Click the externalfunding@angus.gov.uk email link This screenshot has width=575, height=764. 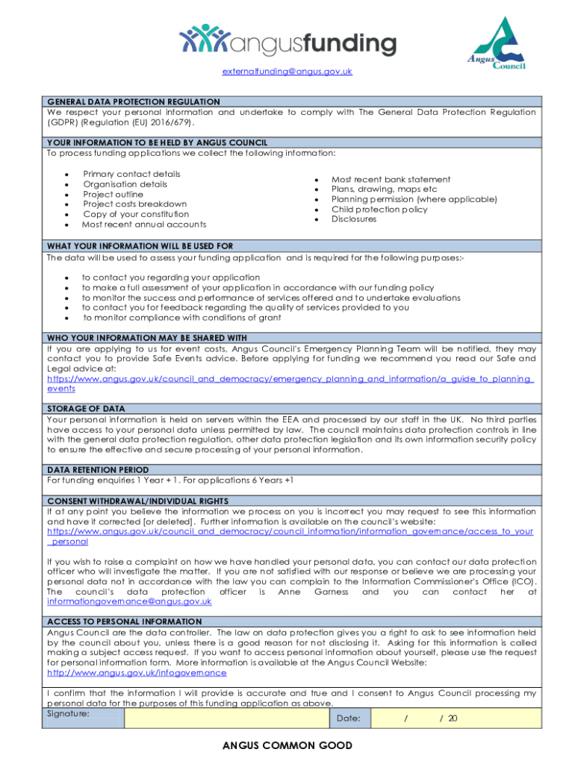[287, 72]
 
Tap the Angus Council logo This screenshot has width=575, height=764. [497, 44]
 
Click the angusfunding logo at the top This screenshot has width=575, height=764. [288, 41]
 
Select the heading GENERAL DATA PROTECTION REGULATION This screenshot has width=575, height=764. [133, 101]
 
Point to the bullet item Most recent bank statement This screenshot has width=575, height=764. [391, 179]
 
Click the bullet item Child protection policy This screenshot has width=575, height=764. [379, 210]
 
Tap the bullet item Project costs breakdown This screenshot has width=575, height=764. [134, 204]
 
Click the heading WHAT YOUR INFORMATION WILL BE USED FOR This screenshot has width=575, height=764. [140, 245]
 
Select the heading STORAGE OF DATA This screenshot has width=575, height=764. [86, 409]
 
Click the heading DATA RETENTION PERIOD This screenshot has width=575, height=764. [93, 470]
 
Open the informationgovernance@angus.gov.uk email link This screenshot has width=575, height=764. [129, 601]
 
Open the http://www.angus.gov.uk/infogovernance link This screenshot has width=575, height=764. [137, 672]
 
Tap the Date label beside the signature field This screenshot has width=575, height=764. [349, 718]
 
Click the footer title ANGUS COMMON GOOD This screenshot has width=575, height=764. [287, 745]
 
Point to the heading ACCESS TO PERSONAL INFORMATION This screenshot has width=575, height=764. [124, 621]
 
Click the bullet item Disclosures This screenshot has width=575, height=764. [354, 219]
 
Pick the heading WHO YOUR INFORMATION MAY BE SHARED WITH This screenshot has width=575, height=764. [146, 337]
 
